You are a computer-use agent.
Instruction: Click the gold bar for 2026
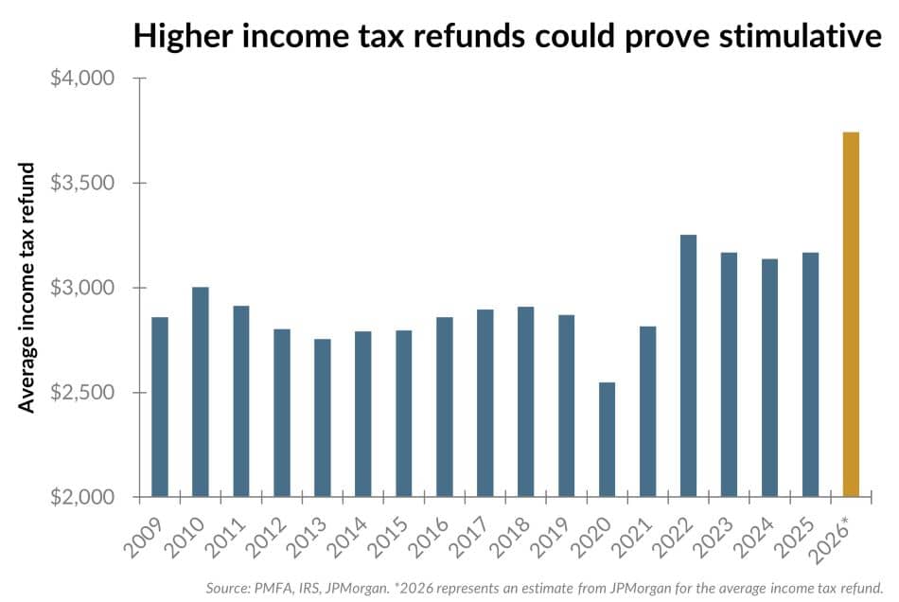[x=851, y=314]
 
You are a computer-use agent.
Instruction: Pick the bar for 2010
[x=201, y=392]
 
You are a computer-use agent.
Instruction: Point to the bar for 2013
[x=323, y=417]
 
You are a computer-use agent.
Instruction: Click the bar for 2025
[x=810, y=375]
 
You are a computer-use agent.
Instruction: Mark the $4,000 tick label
[x=81, y=78]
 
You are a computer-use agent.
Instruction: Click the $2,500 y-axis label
[x=81, y=392]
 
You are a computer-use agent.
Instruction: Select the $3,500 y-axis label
[x=81, y=183]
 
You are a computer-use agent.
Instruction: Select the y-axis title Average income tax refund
[x=28, y=288]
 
